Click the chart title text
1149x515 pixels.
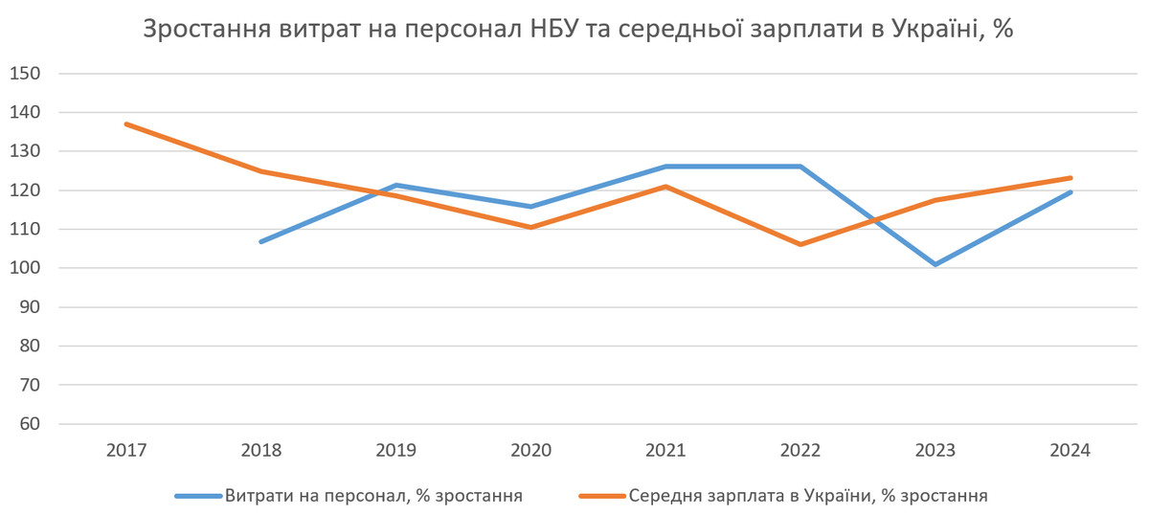pos(577,29)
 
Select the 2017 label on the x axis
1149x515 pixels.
pos(125,450)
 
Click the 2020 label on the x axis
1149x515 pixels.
pos(530,450)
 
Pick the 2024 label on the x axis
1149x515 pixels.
pos(1070,450)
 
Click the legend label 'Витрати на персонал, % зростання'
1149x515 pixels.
pos(373,496)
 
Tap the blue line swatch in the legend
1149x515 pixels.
pos(198,496)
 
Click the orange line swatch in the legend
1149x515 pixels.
pos(603,496)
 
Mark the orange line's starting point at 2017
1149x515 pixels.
pos(125,123)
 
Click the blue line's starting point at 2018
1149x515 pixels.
pos(260,241)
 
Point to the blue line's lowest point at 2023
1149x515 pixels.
pos(935,264)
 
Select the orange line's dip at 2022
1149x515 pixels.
pos(800,244)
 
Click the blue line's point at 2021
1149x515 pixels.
pos(665,167)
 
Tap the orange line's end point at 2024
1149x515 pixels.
pos(1070,178)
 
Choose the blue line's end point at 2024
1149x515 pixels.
pos(1070,192)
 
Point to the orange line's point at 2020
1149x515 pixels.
pos(530,227)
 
